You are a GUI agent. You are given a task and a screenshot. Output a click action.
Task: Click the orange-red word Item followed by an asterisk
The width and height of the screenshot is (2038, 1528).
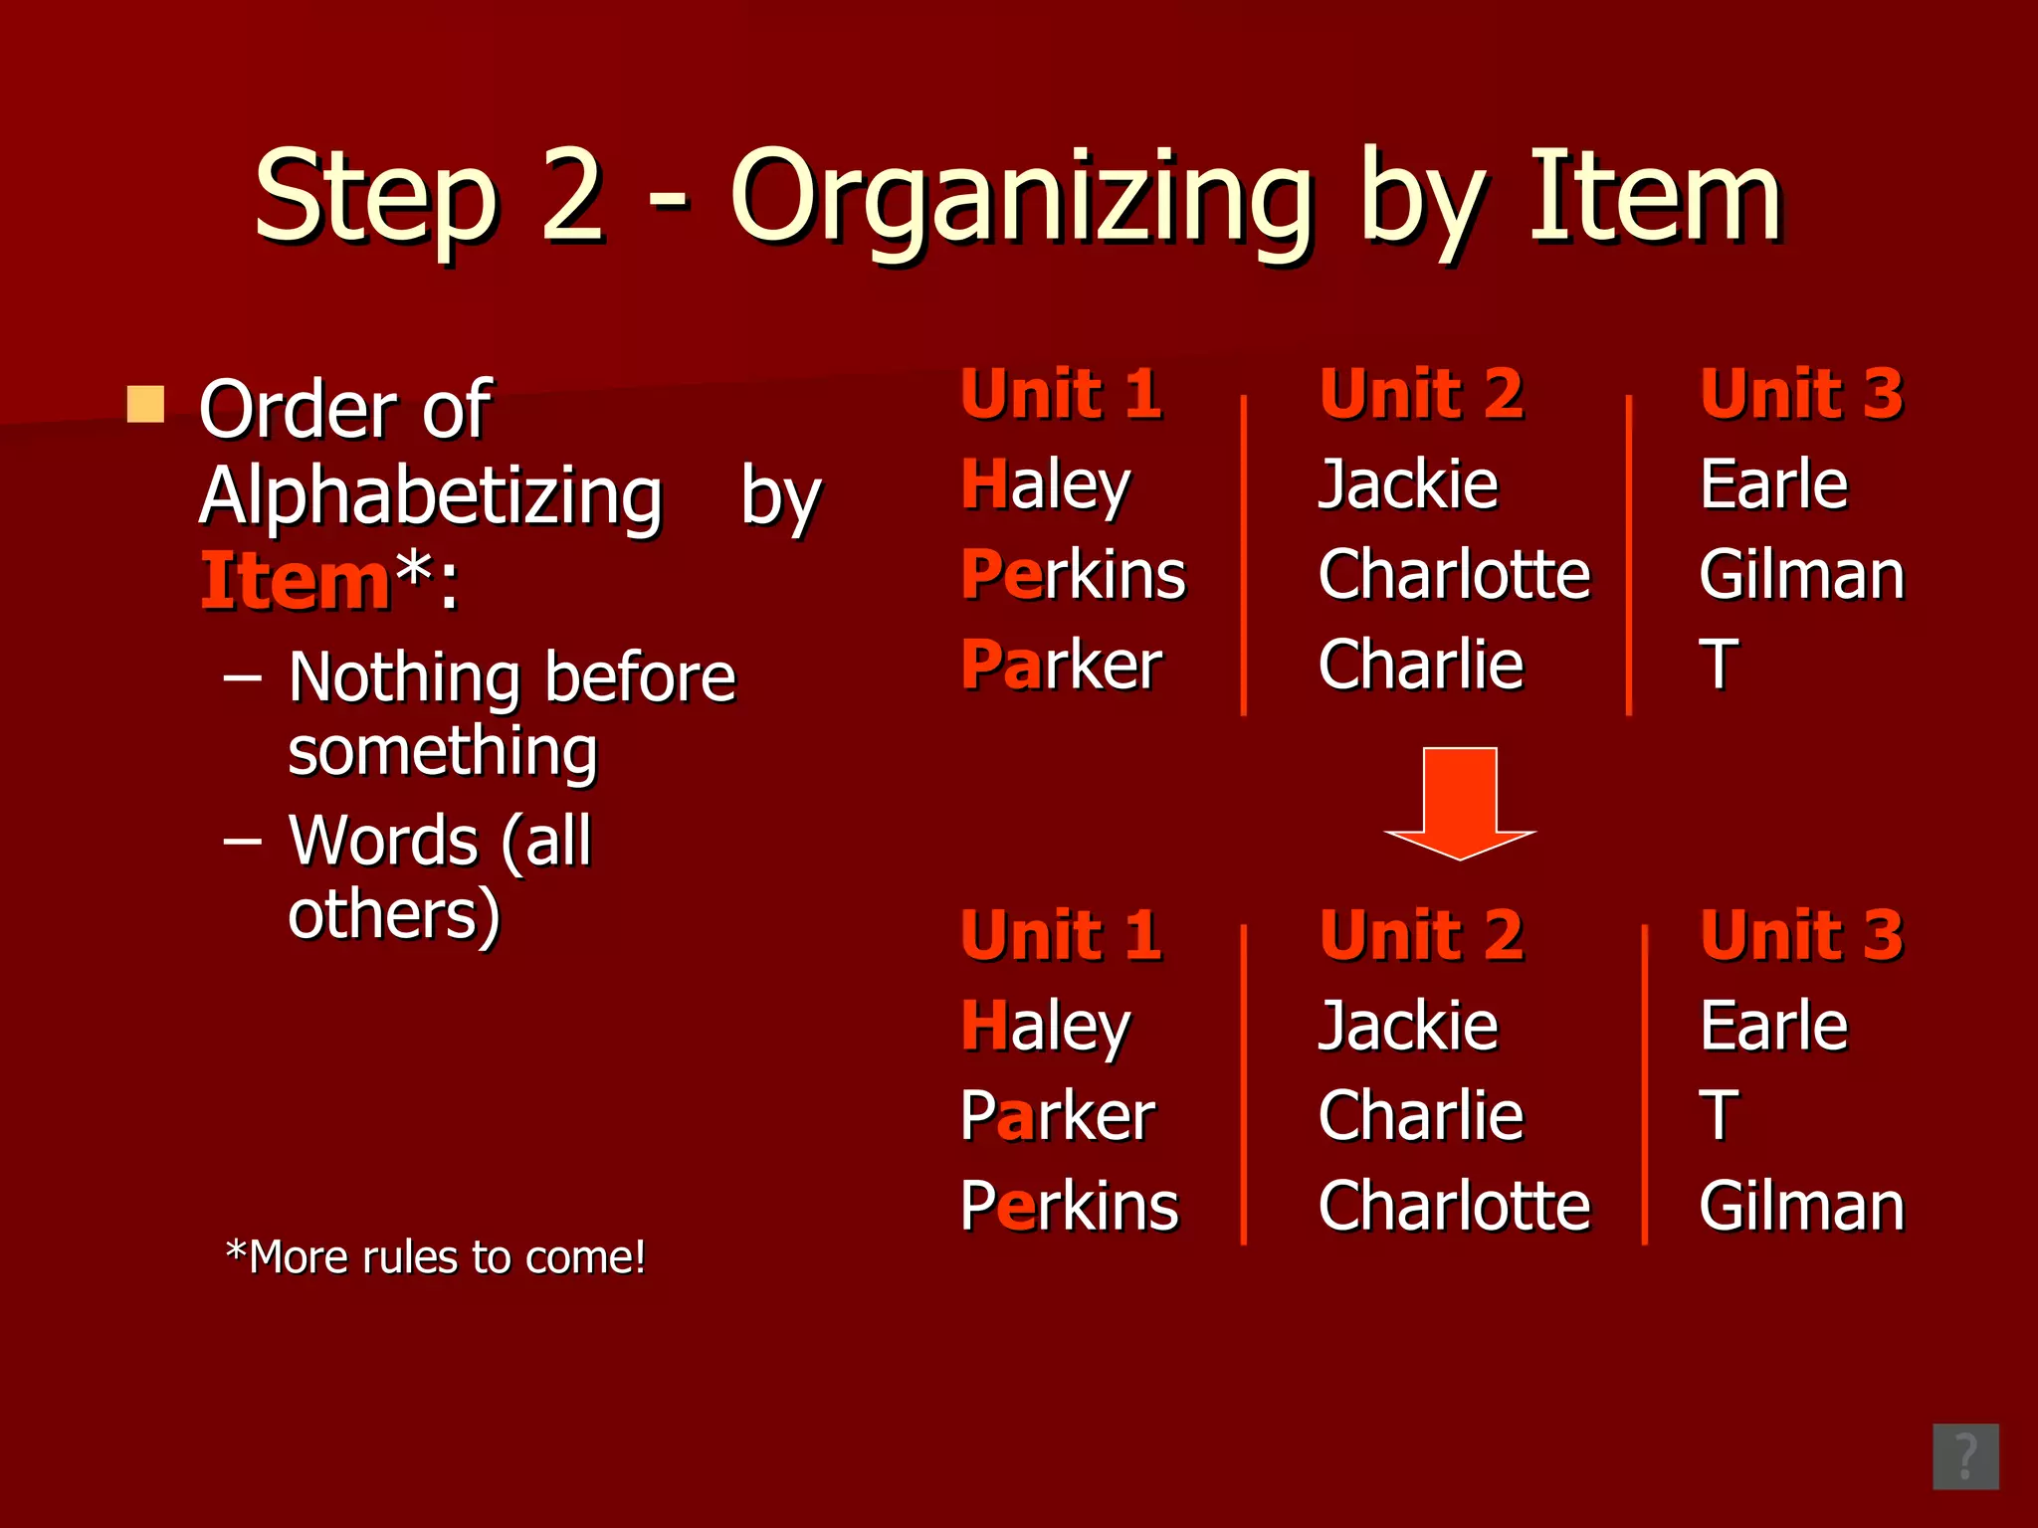tap(295, 582)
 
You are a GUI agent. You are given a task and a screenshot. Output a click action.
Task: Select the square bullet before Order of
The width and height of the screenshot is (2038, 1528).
tap(145, 404)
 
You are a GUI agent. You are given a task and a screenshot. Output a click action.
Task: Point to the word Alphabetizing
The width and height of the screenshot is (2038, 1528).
tap(431, 497)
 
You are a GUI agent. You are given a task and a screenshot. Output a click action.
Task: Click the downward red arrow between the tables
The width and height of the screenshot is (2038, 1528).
tap(1460, 801)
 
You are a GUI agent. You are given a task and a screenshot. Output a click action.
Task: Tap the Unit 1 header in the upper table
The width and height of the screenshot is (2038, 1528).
tap(1061, 394)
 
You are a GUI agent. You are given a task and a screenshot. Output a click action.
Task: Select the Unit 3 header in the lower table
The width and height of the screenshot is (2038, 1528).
tap(1801, 935)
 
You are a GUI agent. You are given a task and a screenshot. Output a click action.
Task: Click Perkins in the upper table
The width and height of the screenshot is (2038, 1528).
tap(1073, 575)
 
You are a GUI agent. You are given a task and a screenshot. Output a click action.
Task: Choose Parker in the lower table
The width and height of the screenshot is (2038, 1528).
tap(1057, 1116)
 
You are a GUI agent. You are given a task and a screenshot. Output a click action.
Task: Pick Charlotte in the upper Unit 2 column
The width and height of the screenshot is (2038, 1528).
tap(1454, 575)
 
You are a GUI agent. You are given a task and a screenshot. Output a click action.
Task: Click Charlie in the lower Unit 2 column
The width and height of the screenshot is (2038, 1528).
tap(1420, 1116)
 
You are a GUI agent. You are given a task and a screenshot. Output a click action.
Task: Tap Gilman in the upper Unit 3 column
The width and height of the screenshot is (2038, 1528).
tap(1801, 575)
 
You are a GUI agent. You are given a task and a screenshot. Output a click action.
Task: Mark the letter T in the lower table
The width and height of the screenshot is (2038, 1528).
tap(1719, 1116)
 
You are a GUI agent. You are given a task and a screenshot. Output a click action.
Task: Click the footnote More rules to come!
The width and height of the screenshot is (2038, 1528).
tap(436, 1257)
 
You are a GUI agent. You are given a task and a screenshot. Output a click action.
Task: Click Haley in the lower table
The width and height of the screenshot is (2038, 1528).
tap(1045, 1027)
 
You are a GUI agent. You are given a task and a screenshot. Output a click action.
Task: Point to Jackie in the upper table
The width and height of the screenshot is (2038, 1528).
tap(1408, 485)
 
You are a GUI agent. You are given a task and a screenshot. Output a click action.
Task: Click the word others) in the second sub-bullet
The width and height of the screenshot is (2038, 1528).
tap(394, 915)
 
